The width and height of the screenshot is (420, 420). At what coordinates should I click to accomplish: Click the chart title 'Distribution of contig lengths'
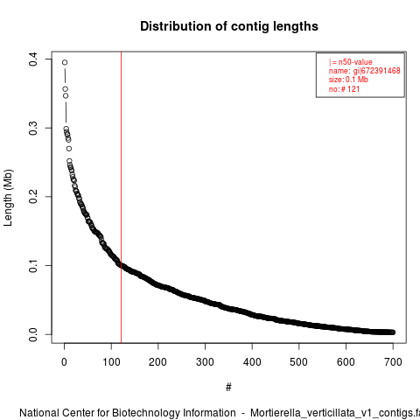click(229, 26)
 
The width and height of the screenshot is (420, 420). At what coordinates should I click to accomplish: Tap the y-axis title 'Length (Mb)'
click(8, 198)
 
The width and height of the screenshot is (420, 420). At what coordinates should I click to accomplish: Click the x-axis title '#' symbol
click(228, 388)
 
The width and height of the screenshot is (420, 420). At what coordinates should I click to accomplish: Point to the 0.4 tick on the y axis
click(33, 59)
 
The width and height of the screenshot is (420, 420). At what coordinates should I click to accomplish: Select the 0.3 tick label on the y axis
click(33, 128)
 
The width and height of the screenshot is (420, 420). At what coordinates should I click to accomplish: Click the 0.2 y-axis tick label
click(33, 197)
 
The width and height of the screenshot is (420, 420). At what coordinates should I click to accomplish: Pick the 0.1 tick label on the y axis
click(33, 265)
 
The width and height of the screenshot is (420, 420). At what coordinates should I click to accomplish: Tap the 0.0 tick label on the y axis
click(33, 334)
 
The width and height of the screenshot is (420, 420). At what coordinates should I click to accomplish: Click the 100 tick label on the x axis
click(111, 362)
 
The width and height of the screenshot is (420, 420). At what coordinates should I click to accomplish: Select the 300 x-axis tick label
click(205, 362)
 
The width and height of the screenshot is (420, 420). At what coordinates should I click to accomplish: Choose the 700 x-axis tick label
click(393, 362)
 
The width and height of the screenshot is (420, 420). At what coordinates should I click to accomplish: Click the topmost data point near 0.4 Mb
click(65, 62)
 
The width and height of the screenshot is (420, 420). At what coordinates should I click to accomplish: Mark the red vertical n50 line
click(121, 197)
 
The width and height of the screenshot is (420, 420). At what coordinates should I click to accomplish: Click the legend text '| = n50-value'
click(351, 62)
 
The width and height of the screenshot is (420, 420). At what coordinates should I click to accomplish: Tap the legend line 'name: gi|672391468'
click(365, 71)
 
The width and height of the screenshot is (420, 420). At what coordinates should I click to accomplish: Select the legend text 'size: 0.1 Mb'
click(348, 80)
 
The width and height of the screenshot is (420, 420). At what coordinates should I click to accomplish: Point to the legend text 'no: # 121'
click(344, 88)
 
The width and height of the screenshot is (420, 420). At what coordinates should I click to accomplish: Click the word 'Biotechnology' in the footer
click(146, 413)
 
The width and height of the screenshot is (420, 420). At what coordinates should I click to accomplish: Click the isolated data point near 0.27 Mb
click(69, 149)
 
